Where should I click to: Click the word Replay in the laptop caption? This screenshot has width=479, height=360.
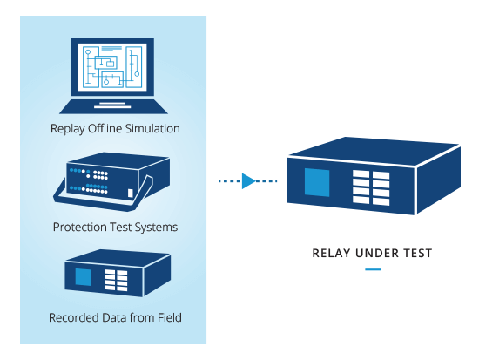coord(68,129)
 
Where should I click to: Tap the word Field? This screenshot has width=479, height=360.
coord(170,317)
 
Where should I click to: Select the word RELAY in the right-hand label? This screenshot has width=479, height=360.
coord(331,254)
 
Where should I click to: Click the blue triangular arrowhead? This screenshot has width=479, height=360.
coord(248,181)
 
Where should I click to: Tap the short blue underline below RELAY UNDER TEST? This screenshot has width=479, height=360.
coord(373,269)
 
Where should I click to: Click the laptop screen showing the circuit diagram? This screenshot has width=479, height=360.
coord(112,67)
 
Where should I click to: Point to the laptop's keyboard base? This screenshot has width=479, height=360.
coord(113,106)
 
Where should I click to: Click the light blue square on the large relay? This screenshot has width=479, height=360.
coord(317,182)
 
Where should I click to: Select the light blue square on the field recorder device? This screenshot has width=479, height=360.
coord(83,277)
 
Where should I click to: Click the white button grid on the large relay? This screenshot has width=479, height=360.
coord(371,187)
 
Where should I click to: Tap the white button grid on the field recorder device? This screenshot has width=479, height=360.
coord(116,280)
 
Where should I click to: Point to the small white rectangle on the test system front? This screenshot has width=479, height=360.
coord(130,194)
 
